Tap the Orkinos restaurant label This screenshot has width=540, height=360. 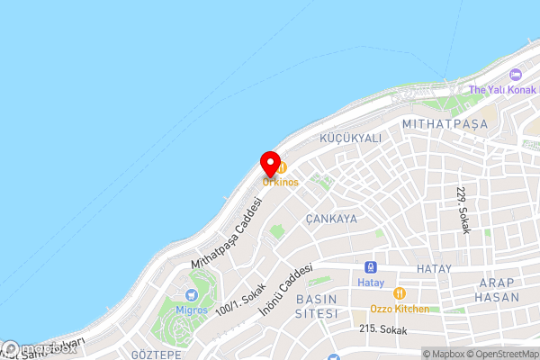pos(281,182)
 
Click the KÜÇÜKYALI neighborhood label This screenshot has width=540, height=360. pos(351,139)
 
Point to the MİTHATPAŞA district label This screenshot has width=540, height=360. pos(445,122)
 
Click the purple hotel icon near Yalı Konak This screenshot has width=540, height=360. pos(515,75)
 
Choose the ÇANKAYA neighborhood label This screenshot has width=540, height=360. pos(331,219)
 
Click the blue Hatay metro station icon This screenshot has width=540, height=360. pos(370,267)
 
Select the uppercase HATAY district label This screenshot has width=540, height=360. pos(438,269)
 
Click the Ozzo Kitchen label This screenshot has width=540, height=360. pos(400,309)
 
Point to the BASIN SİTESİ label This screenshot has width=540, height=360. pos(317,306)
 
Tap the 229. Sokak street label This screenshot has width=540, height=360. pos(463,211)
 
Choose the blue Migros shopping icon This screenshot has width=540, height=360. pos(191,295)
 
